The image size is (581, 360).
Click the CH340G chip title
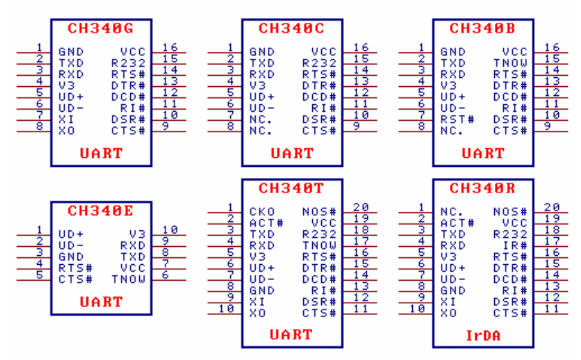(x=101, y=28)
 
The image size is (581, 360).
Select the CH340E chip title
(x=101, y=211)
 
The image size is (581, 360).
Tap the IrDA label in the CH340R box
(x=483, y=336)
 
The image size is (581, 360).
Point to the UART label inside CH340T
(x=292, y=334)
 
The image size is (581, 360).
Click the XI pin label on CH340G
(x=66, y=120)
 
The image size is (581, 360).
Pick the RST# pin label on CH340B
(x=457, y=120)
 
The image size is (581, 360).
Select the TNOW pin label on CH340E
(x=129, y=279)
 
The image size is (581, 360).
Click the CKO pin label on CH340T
(x=262, y=212)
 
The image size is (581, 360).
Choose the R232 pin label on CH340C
(x=319, y=63)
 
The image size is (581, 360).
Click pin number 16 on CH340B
(x=552, y=48)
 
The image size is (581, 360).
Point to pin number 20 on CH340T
(x=361, y=207)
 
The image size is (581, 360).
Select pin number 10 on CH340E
(x=170, y=230)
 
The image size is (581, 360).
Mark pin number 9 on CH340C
(x=356, y=126)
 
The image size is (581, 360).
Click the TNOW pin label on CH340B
(x=510, y=63)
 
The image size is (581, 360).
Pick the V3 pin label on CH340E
(x=137, y=234)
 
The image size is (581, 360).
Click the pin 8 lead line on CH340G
(x=34, y=132)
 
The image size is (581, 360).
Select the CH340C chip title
(x=292, y=28)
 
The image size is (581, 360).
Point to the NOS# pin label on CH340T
(x=319, y=212)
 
